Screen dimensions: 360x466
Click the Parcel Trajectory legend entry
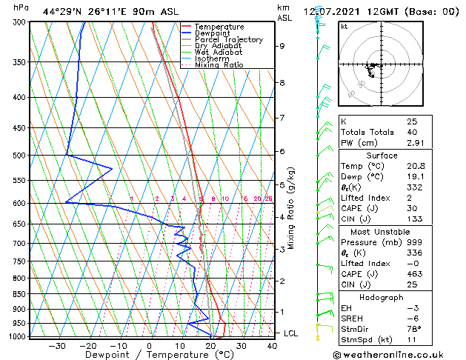228,39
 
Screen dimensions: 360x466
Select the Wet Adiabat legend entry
218,52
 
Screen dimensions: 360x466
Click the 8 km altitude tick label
282,83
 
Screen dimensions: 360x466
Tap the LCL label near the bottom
292,333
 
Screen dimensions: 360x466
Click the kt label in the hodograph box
344,26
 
